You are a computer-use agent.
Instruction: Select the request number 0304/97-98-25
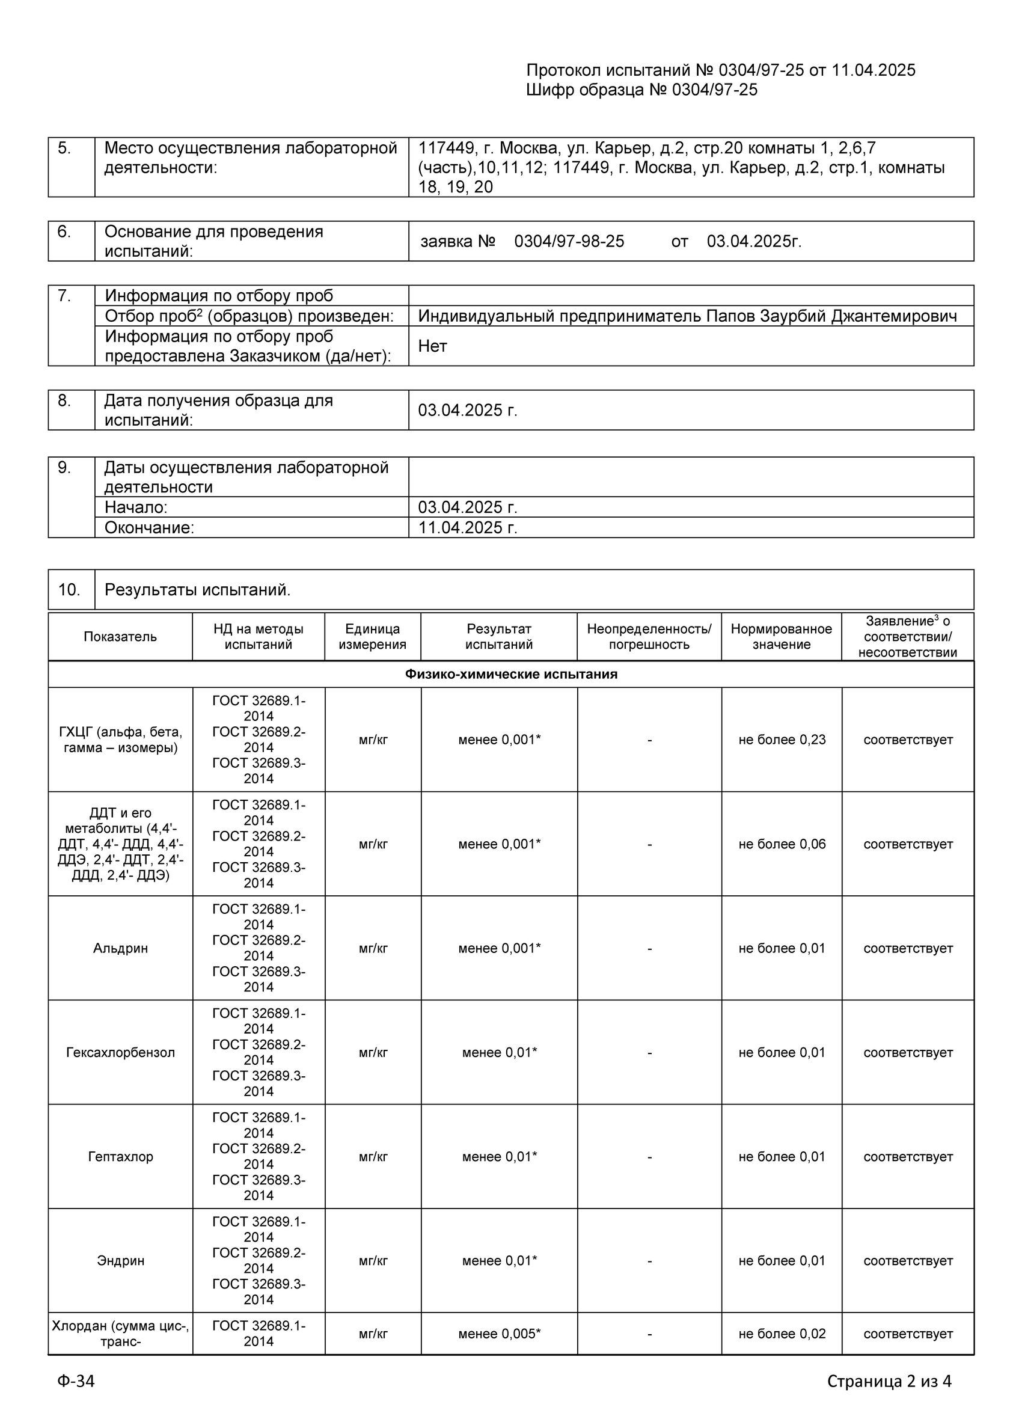point(569,241)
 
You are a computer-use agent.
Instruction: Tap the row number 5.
point(65,148)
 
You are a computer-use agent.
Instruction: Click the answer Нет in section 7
point(432,346)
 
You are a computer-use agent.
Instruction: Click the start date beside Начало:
point(467,507)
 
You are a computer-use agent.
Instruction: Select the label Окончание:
point(149,527)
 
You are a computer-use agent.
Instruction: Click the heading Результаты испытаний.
point(197,589)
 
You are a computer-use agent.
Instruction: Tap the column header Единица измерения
point(373,636)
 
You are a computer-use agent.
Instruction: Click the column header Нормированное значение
point(781,636)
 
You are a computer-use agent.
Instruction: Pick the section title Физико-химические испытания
point(510,674)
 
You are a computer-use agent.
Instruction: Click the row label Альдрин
point(121,948)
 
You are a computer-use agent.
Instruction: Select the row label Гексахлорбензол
point(121,1052)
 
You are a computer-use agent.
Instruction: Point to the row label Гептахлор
point(121,1156)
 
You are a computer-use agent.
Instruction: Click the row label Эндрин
point(121,1261)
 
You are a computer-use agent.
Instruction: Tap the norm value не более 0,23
point(782,740)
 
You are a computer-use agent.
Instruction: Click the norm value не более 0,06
point(782,844)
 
